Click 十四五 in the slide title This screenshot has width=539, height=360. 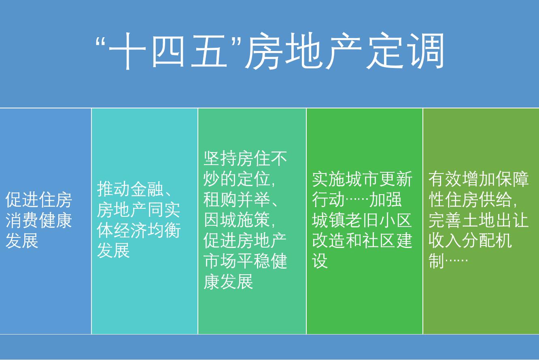pyautogui.click(x=168, y=51)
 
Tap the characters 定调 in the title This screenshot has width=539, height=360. pyautogui.click(x=405, y=51)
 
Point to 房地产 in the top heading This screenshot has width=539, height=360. pyautogui.click(x=303, y=51)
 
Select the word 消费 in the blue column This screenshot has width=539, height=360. pyautogui.click(x=22, y=220)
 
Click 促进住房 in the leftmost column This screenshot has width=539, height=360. pyautogui.click(x=38, y=200)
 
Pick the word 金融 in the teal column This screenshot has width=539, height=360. pyautogui.click(x=147, y=189)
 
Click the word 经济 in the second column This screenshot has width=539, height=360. pyautogui.click(x=130, y=231)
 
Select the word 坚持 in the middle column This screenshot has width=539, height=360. pyautogui.click(x=220, y=159)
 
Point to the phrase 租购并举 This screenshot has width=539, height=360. pyautogui.click(x=237, y=200)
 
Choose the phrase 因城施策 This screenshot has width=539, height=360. pyautogui.click(x=237, y=220)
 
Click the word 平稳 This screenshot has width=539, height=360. pyautogui.click(x=253, y=261)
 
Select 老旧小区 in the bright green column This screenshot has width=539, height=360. pyautogui.click(x=379, y=220)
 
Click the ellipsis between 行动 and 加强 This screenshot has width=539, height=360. pyautogui.click(x=357, y=200)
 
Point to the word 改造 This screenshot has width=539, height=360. pyautogui.click(x=329, y=241)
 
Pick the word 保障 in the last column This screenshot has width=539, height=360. pyautogui.click(x=512, y=180)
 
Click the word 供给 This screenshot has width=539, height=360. pyautogui.click(x=495, y=200)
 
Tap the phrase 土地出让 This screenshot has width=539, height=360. pyautogui.click(x=495, y=220)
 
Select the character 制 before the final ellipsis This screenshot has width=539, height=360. pyautogui.click(x=437, y=261)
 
